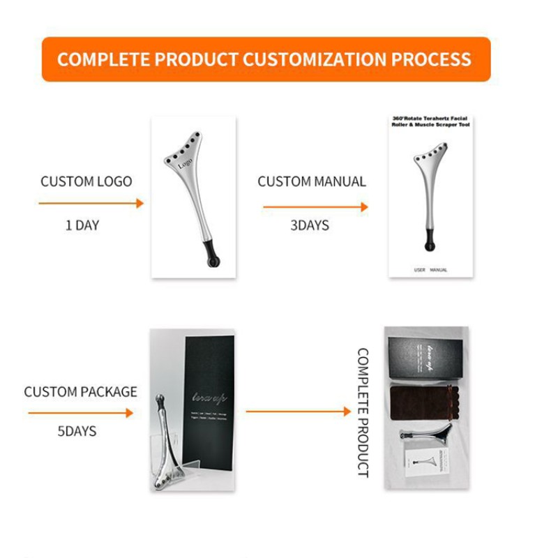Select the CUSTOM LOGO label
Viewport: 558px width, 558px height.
pyautogui.click(x=86, y=181)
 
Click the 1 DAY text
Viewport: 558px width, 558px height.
pyautogui.click(x=82, y=225)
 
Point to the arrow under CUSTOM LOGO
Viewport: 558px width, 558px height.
pyautogui.click(x=91, y=203)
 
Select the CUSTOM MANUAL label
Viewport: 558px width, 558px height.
pyautogui.click(x=312, y=181)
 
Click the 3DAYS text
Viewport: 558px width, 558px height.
pyautogui.click(x=309, y=225)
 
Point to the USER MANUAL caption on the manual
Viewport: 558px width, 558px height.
pyautogui.click(x=430, y=269)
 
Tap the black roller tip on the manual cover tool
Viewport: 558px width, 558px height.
pyautogui.click(x=426, y=243)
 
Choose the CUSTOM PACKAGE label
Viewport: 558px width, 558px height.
pyautogui.click(x=80, y=391)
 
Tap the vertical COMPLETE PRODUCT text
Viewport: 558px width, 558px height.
pyautogui.click(x=363, y=412)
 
